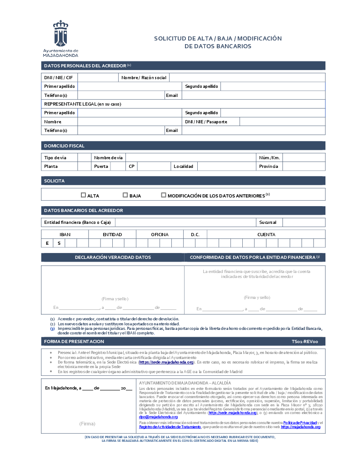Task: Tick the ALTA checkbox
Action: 83,195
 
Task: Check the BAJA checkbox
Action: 125,195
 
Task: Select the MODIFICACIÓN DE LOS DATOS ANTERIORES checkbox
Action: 164,195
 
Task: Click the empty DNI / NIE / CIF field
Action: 98,78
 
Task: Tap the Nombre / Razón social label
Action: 144,78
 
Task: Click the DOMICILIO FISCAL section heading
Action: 64,146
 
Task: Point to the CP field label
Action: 132,167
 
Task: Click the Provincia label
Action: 268,167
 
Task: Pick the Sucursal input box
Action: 304,222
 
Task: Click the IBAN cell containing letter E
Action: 47,243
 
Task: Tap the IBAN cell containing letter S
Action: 59,243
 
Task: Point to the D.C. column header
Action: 195,235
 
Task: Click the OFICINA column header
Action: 160,235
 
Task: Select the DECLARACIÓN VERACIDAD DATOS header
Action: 113,258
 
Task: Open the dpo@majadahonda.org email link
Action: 158,417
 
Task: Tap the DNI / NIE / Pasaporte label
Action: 206,122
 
